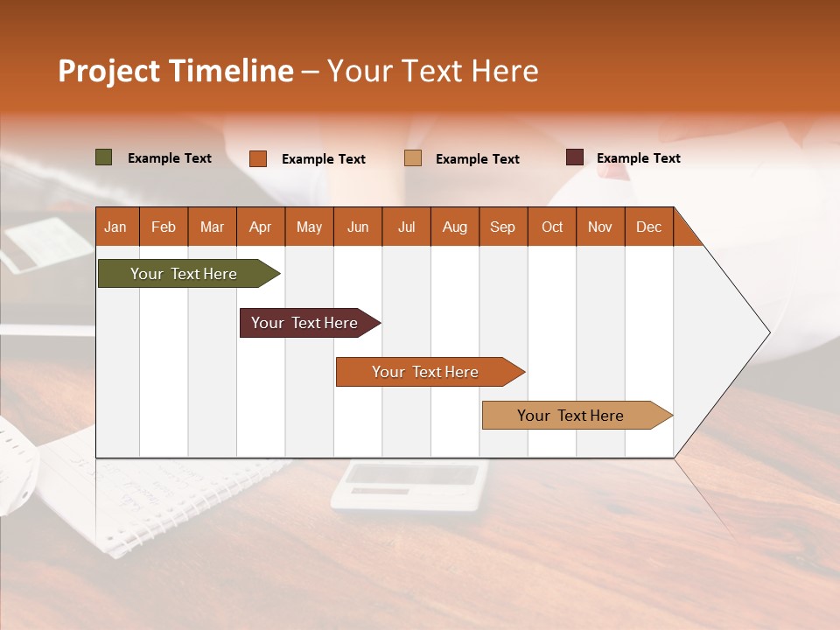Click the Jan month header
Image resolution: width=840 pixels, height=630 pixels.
click(x=115, y=227)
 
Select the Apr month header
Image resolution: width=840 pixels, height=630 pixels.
click(x=260, y=227)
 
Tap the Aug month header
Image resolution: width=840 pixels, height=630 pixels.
click(x=454, y=227)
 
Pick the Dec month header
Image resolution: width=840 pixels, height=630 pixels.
click(x=648, y=227)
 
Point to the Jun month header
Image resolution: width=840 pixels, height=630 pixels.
click(x=357, y=227)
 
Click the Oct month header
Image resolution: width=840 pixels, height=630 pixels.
click(x=551, y=227)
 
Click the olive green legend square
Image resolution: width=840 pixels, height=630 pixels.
click(x=103, y=157)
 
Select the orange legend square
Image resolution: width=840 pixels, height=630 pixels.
click(x=257, y=158)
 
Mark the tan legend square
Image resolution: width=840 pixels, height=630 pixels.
click(x=412, y=158)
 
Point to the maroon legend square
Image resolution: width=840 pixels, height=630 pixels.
click(x=574, y=157)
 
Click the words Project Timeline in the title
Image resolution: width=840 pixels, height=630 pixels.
click(x=175, y=71)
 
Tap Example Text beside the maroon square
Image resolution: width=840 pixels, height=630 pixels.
click(x=638, y=158)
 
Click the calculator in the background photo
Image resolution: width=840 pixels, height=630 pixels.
click(x=409, y=486)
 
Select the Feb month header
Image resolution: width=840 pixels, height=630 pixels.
click(x=163, y=227)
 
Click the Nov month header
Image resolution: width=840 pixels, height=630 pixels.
click(x=599, y=227)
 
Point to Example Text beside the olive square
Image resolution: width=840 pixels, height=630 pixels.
click(x=169, y=158)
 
